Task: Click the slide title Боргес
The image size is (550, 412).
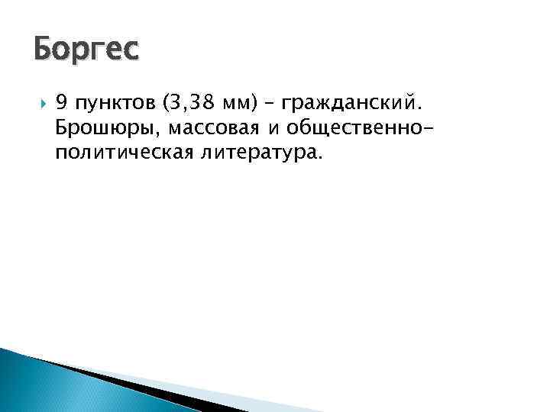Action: coord(86,50)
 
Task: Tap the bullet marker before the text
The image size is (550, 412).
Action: coord(40,99)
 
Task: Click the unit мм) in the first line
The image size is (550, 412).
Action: coord(240,99)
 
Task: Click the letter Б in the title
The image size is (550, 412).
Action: coord(43,50)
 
